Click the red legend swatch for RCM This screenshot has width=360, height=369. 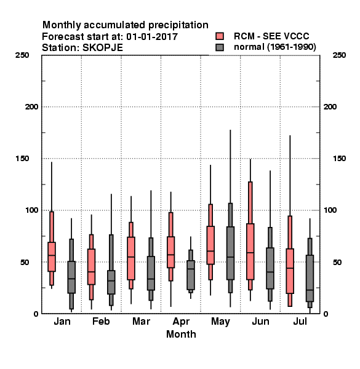click(220, 36)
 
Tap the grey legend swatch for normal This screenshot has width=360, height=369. click(220, 47)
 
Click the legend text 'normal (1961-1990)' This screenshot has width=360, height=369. click(274, 47)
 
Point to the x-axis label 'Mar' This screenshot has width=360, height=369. click(141, 321)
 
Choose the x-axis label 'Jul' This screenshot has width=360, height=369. click(300, 321)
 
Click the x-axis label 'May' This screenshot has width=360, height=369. click(220, 322)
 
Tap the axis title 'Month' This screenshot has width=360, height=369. click(181, 334)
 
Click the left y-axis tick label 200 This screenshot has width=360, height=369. click(31, 107)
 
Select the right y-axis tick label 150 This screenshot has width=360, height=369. click(339, 159)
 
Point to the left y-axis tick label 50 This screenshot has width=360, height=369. click(25, 262)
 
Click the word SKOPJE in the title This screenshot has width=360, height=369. click(103, 47)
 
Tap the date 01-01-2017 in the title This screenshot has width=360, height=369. click(152, 36)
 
